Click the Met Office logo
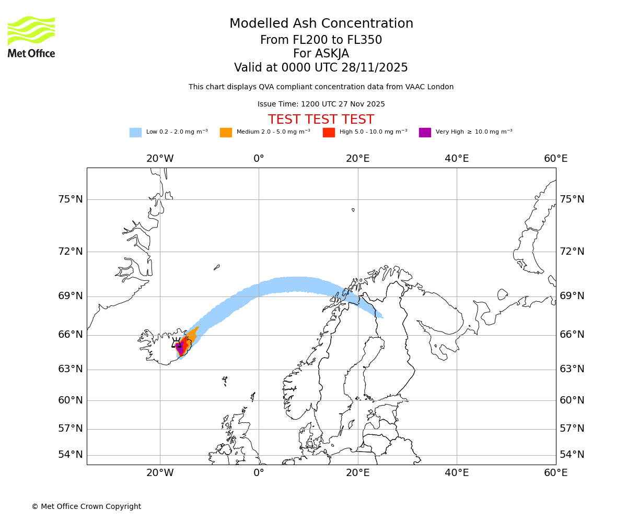31,37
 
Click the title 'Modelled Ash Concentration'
321,24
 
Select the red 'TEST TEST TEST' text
321,120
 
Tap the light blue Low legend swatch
135,133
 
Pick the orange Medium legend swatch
226,133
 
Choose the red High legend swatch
329,133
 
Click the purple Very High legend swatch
425,133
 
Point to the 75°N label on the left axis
71,199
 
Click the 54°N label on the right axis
572,455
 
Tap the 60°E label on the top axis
555,159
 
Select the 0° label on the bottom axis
259,473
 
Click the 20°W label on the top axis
160,159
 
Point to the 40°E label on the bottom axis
457,473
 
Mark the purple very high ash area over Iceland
180,349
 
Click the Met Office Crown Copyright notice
86,506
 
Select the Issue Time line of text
321,104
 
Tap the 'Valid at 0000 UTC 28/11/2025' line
321,68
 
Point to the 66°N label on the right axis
572,335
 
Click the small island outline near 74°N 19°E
353,210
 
